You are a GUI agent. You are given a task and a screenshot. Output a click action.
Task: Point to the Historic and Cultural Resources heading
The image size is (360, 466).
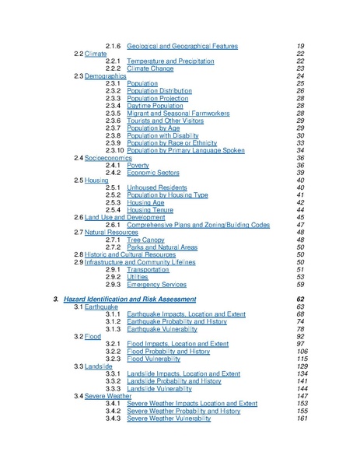[x=131, y=254]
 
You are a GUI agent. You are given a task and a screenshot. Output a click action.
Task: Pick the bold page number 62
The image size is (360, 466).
[x=300, y=299]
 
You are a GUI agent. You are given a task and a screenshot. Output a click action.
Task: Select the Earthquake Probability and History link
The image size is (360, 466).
[x=180, y=321]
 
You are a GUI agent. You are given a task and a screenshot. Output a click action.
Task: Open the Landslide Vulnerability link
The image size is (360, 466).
[x=165, y=388]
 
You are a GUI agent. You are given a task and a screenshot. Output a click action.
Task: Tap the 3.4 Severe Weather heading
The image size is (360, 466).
[x=102, y=395]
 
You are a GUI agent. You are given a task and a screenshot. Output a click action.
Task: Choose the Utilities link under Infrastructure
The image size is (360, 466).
[x=138, y=277]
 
